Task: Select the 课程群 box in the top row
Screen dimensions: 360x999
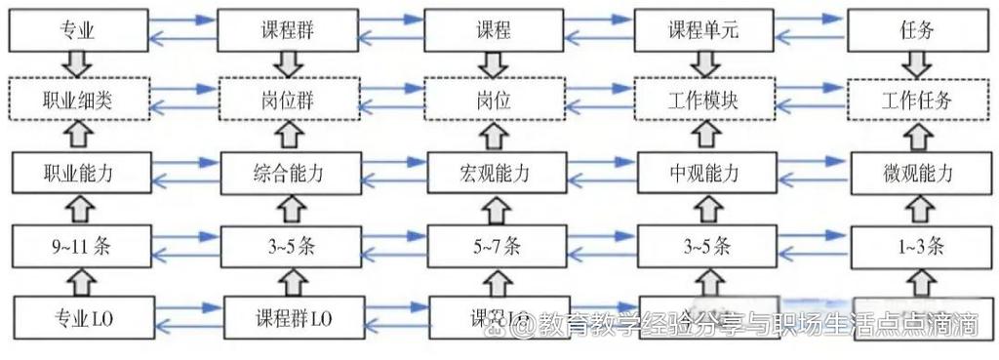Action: pos(284,30)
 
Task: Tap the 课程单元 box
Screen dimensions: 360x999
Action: pos(703,30)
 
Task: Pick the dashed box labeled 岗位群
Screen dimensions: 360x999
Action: pos(284,100)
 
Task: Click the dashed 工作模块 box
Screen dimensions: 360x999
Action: pos(703,100)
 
